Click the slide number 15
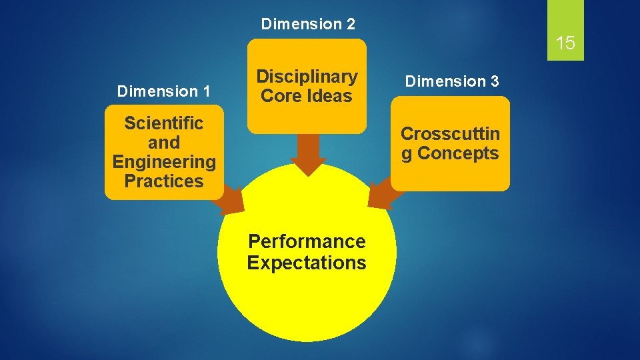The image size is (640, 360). [x=565, y=44]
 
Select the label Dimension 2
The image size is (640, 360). [x=308, y=25]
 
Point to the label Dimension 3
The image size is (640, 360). [x=452, y=81]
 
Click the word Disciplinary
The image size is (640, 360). [x=307, y=77]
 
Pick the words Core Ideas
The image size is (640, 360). [x=307, y=96]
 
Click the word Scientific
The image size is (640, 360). [x=164, y=123]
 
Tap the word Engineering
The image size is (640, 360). [x=164, y=162]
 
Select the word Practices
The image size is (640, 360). [x=164, y=181]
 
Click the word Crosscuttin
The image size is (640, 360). [x=450, y=134]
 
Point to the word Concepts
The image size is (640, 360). [x=458, y=153]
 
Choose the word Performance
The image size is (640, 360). [x=307, y=241]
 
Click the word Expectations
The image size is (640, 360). [x=307, y=263]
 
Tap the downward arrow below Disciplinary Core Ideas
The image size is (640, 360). [x=308, y=155]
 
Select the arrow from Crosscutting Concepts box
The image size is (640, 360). [x=381, y=195]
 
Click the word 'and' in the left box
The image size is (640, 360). [x=164, y=143]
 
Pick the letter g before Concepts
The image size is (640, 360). [x=406, y=154]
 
